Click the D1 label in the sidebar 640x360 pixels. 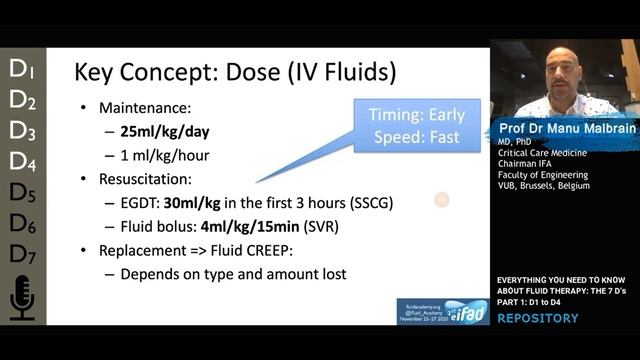click(22, 69)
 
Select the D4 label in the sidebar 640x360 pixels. click(22, 160)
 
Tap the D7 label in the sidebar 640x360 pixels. click(22, 254)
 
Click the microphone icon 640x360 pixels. click(22, 298)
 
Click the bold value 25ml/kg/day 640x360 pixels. click(169, 132)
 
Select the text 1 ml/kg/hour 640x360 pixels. click(166, 155)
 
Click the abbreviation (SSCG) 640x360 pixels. click(369, 203)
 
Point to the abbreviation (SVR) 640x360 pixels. click(339, 227)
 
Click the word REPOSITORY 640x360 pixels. click(538, 318)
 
